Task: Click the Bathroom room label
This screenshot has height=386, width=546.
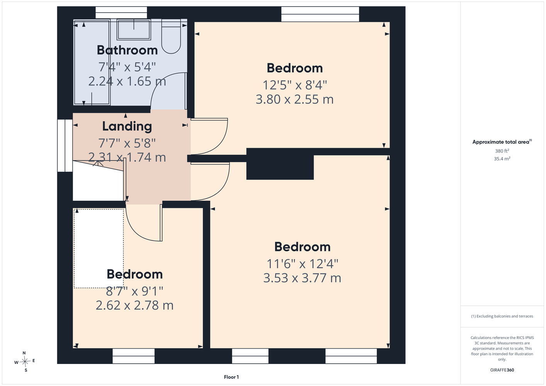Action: [x=127, y=50]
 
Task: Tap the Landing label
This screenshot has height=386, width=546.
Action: [x=127, y=126]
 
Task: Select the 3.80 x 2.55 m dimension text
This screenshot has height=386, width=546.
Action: [x=294, y=99]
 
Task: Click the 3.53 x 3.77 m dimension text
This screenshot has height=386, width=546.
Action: [x=302, y=278]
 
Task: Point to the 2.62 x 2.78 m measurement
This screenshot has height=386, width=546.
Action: [x=134, y=305]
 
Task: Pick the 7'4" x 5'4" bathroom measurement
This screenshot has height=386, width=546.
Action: [x=127, y=67]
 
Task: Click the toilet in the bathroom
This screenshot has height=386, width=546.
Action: [x=171, y=37]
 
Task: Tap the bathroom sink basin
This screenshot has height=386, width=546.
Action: [x=134, y=30]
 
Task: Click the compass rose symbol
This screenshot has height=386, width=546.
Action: [x=25, y=361]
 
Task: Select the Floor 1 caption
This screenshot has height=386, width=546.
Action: [x=231, y=377]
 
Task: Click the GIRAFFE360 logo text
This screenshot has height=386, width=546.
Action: [x=502, y=370]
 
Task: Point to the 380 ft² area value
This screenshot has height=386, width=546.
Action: [x=502, y=151]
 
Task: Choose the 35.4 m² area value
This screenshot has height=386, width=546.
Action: [x=502, y=159]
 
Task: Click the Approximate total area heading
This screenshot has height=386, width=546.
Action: [x=502, y=142]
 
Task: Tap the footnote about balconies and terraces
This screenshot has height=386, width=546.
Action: [x=502, y=316]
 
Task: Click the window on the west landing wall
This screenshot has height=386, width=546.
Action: [x=65, y=146]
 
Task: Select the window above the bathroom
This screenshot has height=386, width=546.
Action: [x=121, y=12]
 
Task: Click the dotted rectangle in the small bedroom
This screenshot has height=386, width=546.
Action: [x=99, y=249]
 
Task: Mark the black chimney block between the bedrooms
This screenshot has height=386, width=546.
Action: [x=280, y=164]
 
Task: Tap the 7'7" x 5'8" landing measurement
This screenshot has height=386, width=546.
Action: [x=127, y=143]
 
